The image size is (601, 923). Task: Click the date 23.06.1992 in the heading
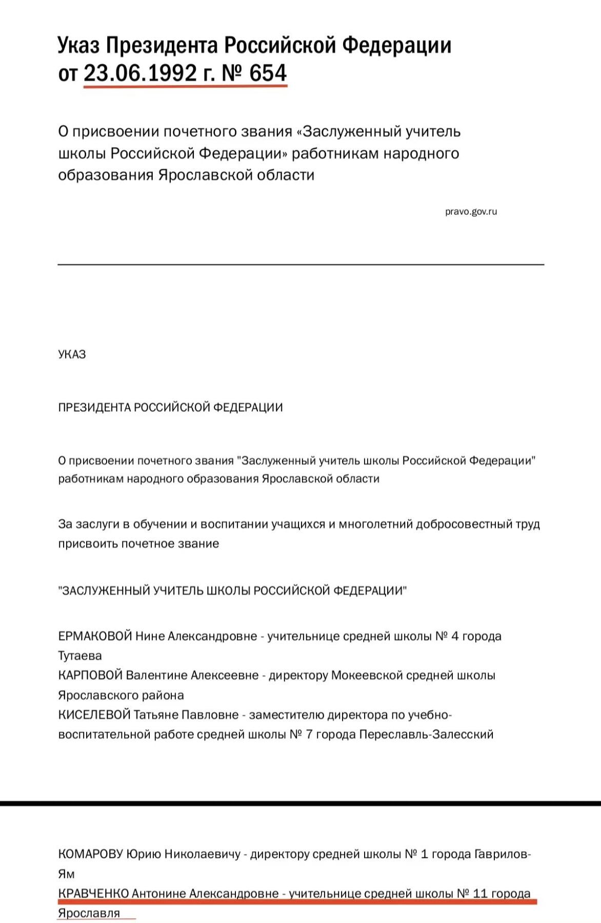140,73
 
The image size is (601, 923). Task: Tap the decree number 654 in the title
268,73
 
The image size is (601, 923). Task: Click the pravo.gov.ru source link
471,211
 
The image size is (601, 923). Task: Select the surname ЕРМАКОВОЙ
95,636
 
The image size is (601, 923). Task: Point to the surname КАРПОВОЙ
90,675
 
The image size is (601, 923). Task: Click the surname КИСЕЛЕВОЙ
94,714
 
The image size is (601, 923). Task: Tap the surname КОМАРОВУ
91,854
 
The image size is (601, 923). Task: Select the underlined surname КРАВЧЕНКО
93,893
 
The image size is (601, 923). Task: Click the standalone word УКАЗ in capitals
72,354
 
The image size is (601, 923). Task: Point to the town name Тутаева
80,656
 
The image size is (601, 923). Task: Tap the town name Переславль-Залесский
426,734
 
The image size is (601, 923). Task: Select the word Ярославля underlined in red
89,913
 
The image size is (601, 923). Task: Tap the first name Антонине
158,893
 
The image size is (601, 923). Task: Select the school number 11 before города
480,893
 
